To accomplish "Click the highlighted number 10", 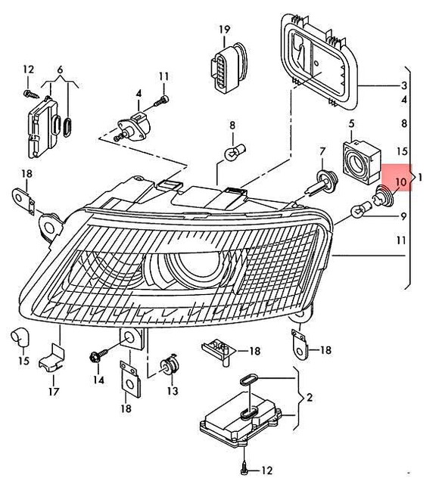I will click(x=400, y=182).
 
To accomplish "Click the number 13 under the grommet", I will click(x=173, y=391).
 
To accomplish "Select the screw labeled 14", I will click(x=97, y=355).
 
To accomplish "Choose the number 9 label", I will click(x=403, y=216).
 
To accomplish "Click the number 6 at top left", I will click(x=60, y=70).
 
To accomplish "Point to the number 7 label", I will click(x=322, y=151).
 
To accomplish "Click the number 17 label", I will click(x=53, y=392).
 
